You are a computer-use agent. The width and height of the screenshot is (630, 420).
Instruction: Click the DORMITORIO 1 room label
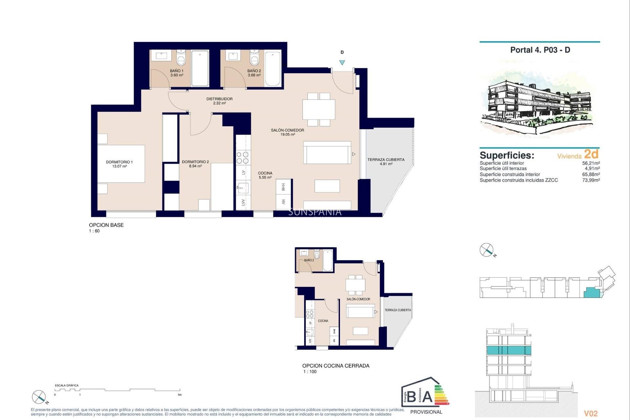(x=119, y=164)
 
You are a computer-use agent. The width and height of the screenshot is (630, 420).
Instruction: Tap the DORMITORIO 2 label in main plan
(x=195, y=164)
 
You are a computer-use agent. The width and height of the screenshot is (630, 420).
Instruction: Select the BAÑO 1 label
(x=177, y=73)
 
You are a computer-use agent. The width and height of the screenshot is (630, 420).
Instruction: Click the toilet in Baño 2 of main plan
(x=254, y=58)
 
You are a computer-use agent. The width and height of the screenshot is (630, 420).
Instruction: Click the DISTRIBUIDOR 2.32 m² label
(x=219, y=101)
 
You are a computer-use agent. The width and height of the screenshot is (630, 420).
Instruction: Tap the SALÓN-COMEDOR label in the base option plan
(x=287, y=132)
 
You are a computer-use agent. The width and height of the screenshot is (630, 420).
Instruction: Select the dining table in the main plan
(x=319, y=109)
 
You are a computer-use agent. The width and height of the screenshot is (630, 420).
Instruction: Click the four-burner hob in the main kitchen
(x=243, y=157)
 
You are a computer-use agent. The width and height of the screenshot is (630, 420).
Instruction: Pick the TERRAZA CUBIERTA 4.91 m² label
(x=386, y=161)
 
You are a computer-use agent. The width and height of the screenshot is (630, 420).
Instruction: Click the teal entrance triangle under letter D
(x=342, y=62)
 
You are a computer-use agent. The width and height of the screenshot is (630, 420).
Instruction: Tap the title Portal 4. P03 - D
(x=540, y=50)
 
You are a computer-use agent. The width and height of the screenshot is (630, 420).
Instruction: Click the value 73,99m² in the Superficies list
(x=591, y=180)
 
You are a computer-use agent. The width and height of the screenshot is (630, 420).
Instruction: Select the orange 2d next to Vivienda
(x=591, y=154)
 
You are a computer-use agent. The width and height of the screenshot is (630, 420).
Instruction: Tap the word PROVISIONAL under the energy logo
(x=426, y=412)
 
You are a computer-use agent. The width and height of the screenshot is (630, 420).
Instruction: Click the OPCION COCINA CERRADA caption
(x=336, y=366)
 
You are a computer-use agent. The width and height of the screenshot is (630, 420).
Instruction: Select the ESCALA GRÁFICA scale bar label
(x=67, y=386)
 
